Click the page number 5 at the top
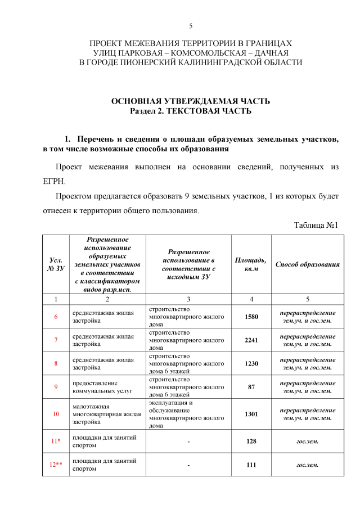(191, 26)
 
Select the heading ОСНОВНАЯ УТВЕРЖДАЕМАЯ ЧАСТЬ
(191, 101)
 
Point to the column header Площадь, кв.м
(251, 264)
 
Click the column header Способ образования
(307, 264)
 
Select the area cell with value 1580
(251, 317)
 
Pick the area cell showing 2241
(251, 340)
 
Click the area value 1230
(251, 363)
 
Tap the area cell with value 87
(251, 386)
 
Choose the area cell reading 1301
(251, 414)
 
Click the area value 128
(251, 442)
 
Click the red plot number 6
(56, 317)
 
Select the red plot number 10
(56, 414)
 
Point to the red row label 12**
(56, 465)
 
